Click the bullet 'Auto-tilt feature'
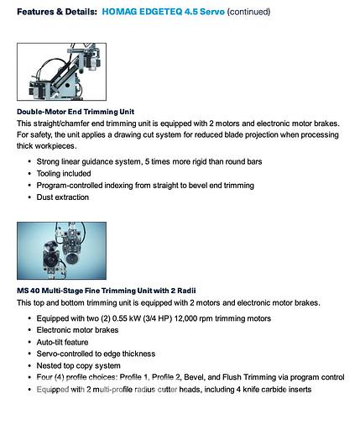coord(71,342)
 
